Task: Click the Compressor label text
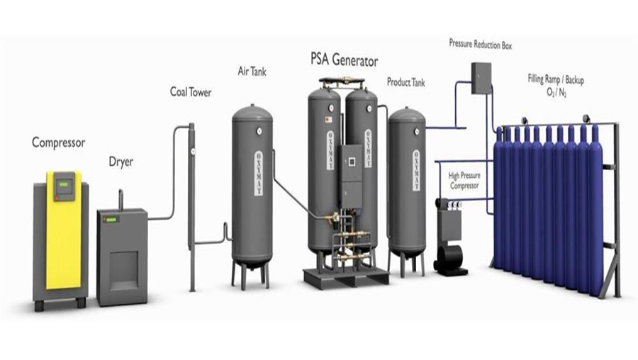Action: coord(58,142)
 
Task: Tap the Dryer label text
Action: coord(121,162)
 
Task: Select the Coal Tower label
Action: coord(190,92)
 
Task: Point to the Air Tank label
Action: coord(252,71)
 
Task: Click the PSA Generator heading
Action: coord(344,60)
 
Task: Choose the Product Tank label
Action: coord(405,82)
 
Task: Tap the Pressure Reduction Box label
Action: coord(480,44)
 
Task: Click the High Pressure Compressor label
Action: coord(464,181)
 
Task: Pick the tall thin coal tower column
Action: coord(191,206)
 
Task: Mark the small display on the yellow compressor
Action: coord(64,186)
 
